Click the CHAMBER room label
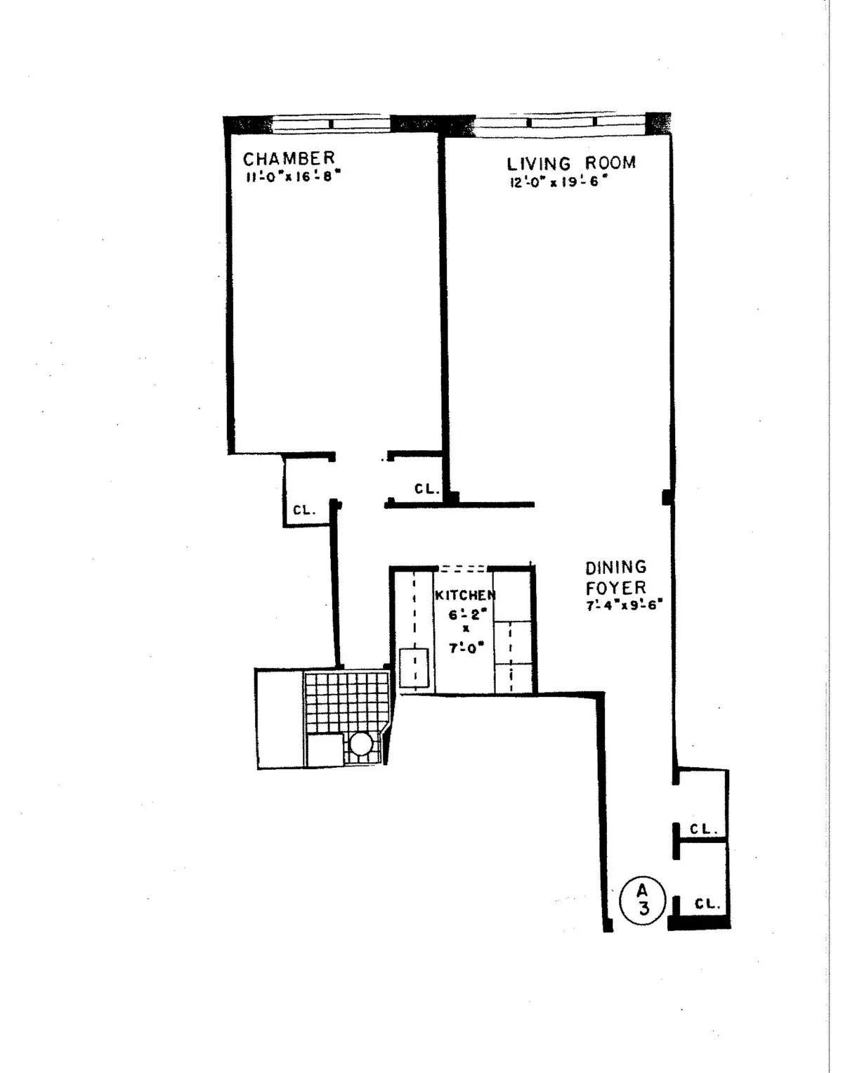289,158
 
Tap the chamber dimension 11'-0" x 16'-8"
292,177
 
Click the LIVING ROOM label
571,163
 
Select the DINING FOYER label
616,577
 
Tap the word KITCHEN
465,595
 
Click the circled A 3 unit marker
642,899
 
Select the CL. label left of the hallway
305,510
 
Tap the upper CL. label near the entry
702,829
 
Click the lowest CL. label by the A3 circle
707,904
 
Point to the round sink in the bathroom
361,743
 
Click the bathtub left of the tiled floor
280,719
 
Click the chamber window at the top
330,124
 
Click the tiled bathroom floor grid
347,701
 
